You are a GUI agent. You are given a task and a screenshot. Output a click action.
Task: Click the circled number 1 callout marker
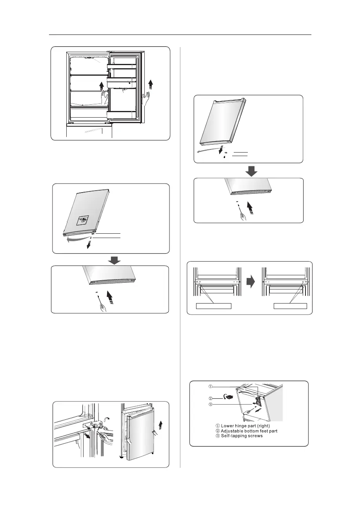coord(210,386)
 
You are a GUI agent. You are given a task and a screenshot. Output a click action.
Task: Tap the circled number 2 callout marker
coord(210,397)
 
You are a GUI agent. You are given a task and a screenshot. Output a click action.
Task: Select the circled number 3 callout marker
coord(210,405)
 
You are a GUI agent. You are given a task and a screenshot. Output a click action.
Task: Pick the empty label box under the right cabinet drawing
coord(290,305)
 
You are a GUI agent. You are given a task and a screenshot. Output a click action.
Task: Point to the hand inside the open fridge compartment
coord(104,97)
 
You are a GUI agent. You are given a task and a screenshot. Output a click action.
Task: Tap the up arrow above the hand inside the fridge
coord(102,85)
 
